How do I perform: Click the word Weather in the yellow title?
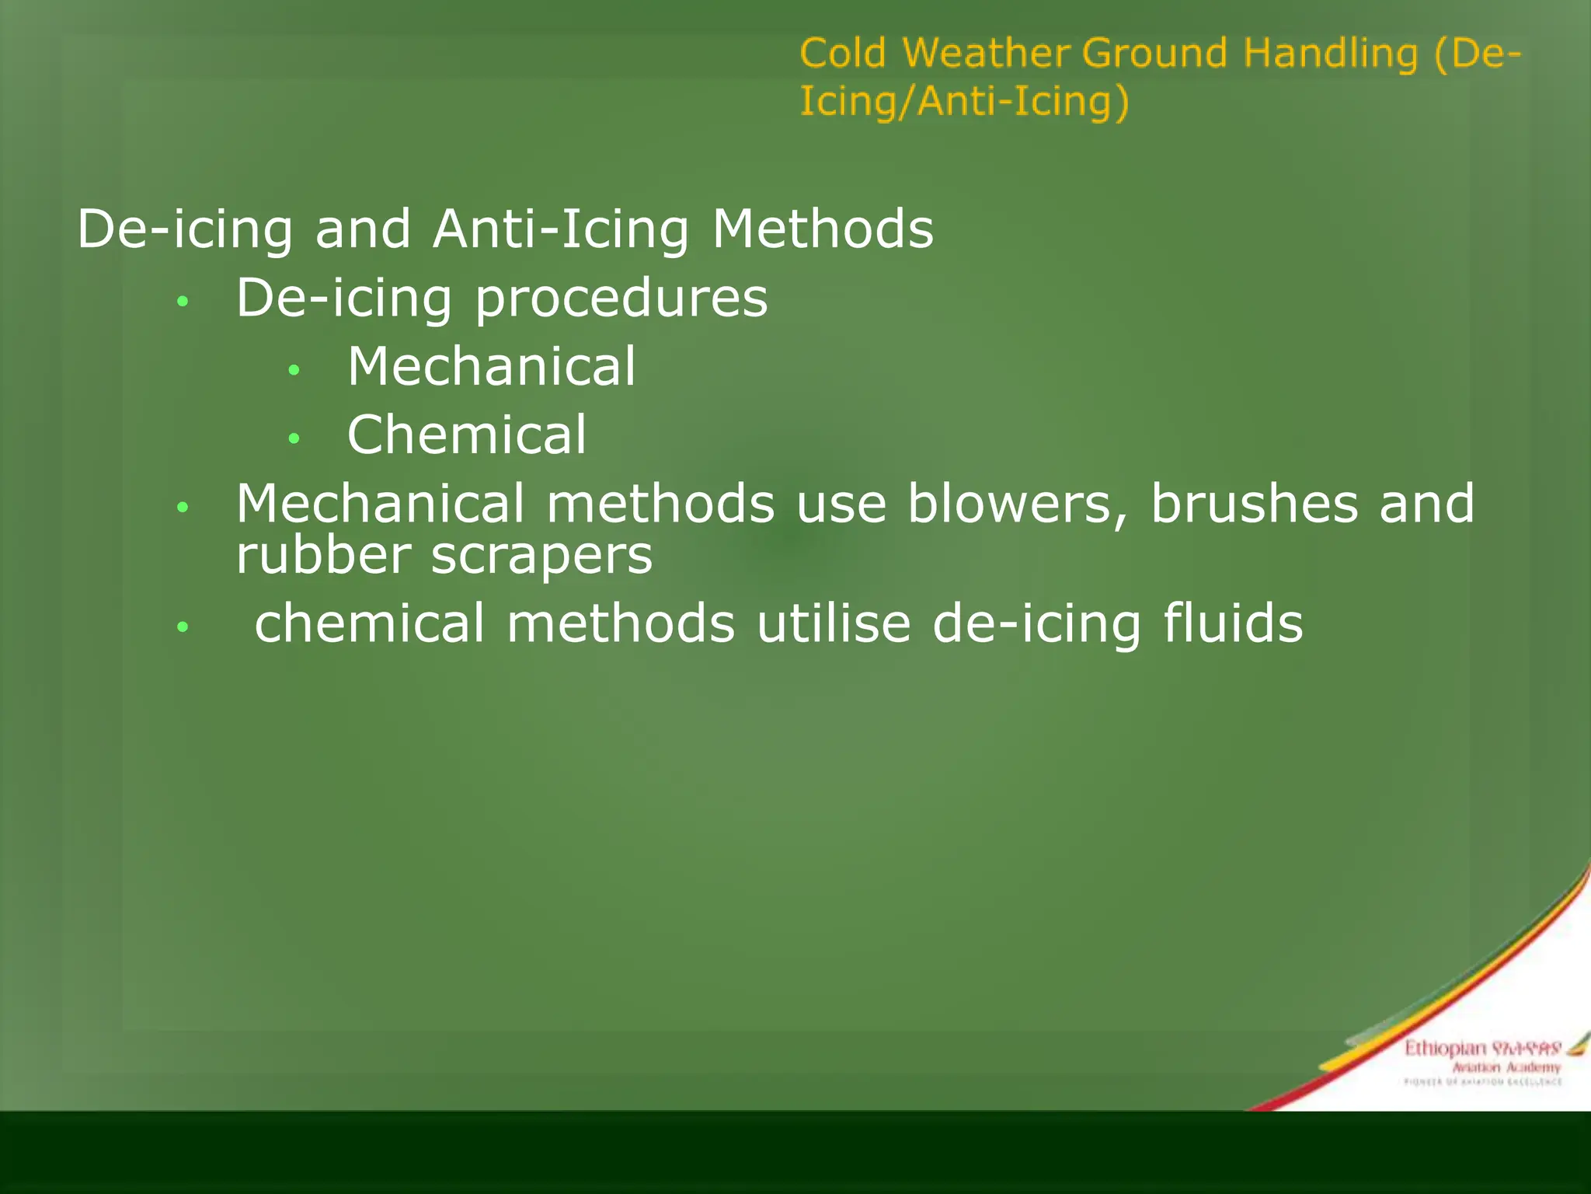click(x=986, y=54)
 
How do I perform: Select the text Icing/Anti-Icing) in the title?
click(x=964, y=102)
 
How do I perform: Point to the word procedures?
click(x=621, y=299)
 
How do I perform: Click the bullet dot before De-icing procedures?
click(x=183, y=302)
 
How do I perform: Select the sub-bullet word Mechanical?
click(x=491, y=366)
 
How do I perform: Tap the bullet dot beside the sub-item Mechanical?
click(x=294, y=370)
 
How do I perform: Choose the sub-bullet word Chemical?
click(x=467, y=435)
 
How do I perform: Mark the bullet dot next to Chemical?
click(x=294, y=438)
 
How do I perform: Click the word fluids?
click(x=1233, y=623)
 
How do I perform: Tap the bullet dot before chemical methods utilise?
click(x=183, y=626)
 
